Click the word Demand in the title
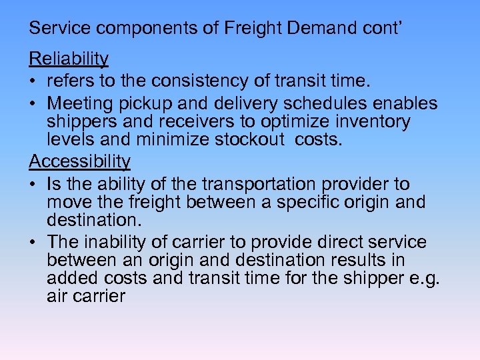(x=300, y=28)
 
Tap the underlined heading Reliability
(x=68, y=59)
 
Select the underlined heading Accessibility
(x=79, y=161)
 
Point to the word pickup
(x=159, y=103)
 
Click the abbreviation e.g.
(x=423, y=277)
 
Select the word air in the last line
(x=57, y=296)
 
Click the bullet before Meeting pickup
(x=33, y=104)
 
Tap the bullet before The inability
(x=33, y=242)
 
